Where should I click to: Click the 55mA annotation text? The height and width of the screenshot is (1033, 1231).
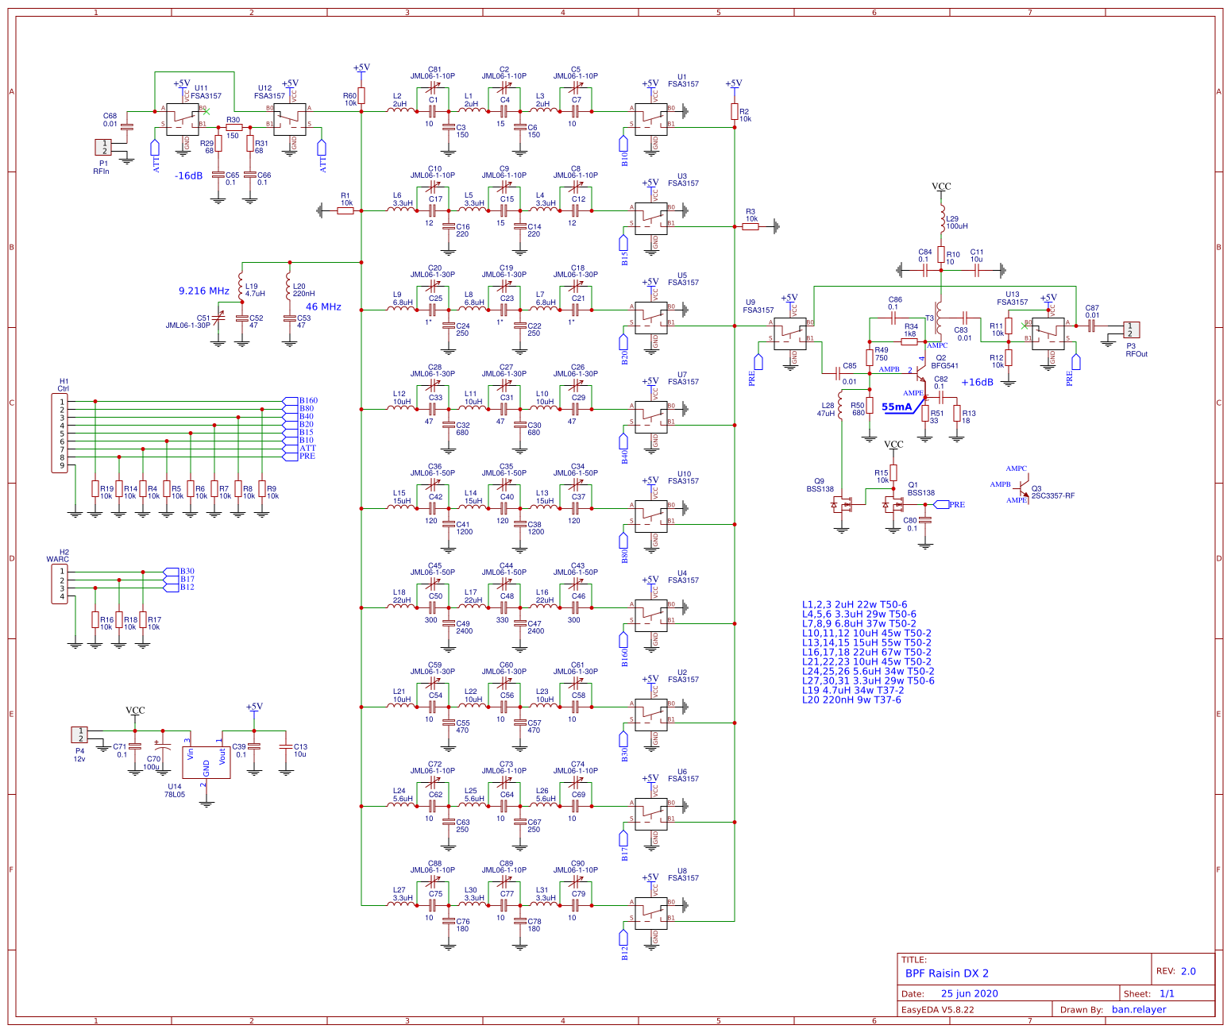tap(897, 407)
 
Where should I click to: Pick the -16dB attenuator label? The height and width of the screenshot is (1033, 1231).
tap(189, 176)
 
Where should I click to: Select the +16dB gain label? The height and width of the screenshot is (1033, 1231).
tap(977, 383)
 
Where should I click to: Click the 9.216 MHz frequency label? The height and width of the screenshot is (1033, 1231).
tap(204, 291)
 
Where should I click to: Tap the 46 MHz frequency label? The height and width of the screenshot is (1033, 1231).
tap(323, 307)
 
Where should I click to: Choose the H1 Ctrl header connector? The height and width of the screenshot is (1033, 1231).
tap(60, 434)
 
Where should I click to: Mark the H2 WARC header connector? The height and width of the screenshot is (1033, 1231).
tap(60, 584)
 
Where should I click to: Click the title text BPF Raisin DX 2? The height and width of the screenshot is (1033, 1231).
tap(947, 973)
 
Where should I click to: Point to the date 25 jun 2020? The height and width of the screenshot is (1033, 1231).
tap(969, 994)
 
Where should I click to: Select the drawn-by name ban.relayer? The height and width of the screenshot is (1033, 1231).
tap(1139, 1010)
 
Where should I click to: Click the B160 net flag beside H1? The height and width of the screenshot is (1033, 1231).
tap(307, 401)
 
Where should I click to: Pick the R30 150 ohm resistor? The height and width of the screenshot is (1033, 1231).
tap(233, 127)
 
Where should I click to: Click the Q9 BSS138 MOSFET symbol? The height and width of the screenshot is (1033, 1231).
tap(842, 504)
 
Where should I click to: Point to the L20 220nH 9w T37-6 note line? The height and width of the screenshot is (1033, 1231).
tap(851, 700)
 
